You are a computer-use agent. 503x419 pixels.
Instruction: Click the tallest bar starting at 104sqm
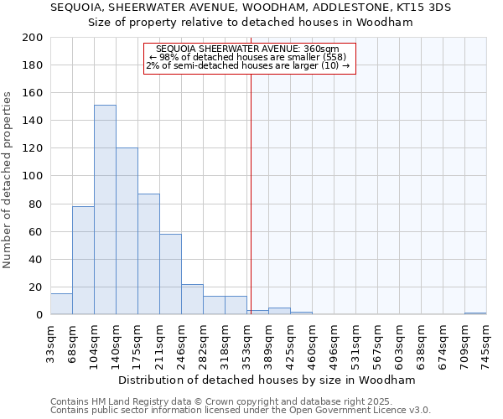105,209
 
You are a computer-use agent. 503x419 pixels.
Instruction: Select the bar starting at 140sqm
127,231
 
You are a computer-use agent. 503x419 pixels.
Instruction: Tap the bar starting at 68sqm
83,260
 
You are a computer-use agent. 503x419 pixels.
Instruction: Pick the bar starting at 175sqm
148,254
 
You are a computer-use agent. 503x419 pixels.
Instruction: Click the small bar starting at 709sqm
475,313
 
